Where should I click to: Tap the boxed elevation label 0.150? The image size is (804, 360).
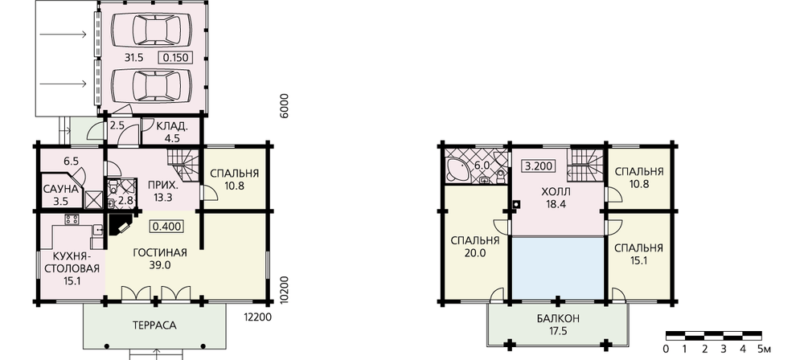point(175,58)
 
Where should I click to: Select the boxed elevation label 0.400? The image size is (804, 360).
point(166,226)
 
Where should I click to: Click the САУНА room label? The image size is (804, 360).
point(60,189)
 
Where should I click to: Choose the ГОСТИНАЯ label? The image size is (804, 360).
point(159,253)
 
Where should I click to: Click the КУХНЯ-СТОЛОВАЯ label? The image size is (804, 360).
point(72,261)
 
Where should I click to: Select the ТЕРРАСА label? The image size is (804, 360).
point(154,325)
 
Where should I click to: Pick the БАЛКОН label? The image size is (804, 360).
point(559,319)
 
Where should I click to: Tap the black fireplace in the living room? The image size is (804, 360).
point(119,223)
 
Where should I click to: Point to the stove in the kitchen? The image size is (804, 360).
point(72,219)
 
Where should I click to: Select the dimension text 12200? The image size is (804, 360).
point(254,317)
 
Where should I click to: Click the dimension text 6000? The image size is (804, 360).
point(285,106)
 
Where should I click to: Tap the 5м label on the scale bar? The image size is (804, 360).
point(763,350)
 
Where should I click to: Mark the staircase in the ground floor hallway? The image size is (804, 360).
point(183,164)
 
